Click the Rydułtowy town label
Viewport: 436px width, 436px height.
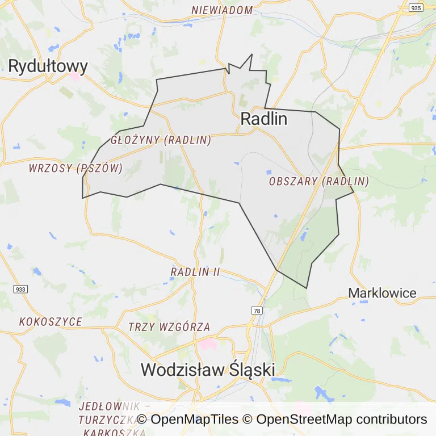(x=48, y=66)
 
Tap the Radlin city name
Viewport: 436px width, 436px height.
(x=264, y=119)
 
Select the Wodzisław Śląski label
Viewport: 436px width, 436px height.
(x=208, y=370)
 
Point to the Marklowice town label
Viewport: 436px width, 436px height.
(x=382, y=294)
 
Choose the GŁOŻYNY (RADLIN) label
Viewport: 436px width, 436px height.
(x=161, y=140)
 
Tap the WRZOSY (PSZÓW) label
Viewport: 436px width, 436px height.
(x=76, y=168)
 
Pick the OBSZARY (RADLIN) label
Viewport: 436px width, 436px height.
(x=318, y=182)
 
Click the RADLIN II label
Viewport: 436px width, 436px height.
(x=195, y=272)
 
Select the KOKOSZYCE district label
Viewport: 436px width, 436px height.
(x=51, y=322)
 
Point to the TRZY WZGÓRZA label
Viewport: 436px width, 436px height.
(x=169, y=327)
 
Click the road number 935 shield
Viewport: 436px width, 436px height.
(x=416, y=8)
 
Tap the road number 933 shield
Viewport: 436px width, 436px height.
(x=20, y=289)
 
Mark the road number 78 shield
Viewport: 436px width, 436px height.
(x=257, y=311)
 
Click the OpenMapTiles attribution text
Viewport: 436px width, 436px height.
(x=187, y=420)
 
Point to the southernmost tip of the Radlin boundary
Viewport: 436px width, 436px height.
(x=307, y=288)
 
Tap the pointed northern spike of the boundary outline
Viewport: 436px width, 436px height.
(x=251, y=54)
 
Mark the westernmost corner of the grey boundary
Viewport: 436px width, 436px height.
(x=82, y=198)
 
